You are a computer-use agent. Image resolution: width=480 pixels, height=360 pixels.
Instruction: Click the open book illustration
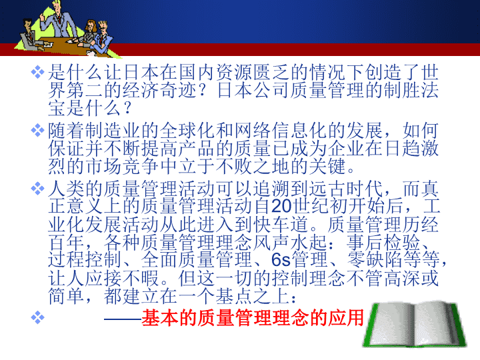coord(415,325)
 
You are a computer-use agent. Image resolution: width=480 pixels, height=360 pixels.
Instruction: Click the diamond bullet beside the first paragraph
coord(37,72)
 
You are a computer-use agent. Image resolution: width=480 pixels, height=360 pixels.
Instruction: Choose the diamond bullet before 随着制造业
coord(37,131)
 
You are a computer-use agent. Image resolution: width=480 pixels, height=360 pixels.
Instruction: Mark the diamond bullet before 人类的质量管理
coord(37,188)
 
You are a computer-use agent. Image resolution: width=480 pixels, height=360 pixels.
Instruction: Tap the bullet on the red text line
coord(37,317)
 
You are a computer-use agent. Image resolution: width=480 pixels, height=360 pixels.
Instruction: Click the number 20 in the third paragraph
coord(282,206)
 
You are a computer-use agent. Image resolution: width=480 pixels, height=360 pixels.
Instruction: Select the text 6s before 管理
coord(281,259)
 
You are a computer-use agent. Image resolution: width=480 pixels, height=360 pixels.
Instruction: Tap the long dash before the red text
coord(123,319)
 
